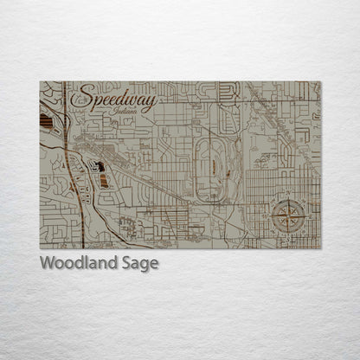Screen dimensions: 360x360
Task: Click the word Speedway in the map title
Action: coord(116,102)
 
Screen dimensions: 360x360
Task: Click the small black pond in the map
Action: coord(100,166)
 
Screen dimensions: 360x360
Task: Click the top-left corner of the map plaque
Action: coord(41,82)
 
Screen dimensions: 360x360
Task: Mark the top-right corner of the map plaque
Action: coord(320,82)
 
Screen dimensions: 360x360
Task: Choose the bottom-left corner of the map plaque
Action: coord(41,247)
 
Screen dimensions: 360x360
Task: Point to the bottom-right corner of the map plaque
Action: coord(320,247)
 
